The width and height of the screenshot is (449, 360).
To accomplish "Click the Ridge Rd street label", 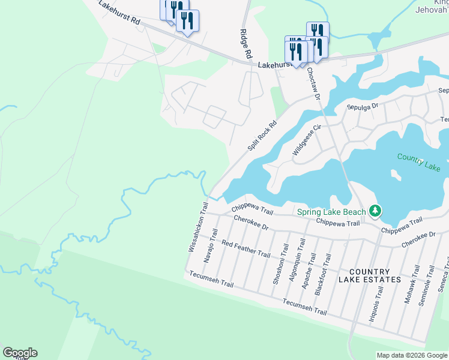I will [x=246, y=43].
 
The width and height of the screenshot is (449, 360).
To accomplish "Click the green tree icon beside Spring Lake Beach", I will [x=375, y=211].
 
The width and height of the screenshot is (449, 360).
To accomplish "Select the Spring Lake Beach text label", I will [x=331, y=211].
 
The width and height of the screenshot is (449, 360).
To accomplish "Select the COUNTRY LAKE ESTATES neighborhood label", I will [x=369, y=276].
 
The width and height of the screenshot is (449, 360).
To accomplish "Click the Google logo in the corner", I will [x=20, y=353].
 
